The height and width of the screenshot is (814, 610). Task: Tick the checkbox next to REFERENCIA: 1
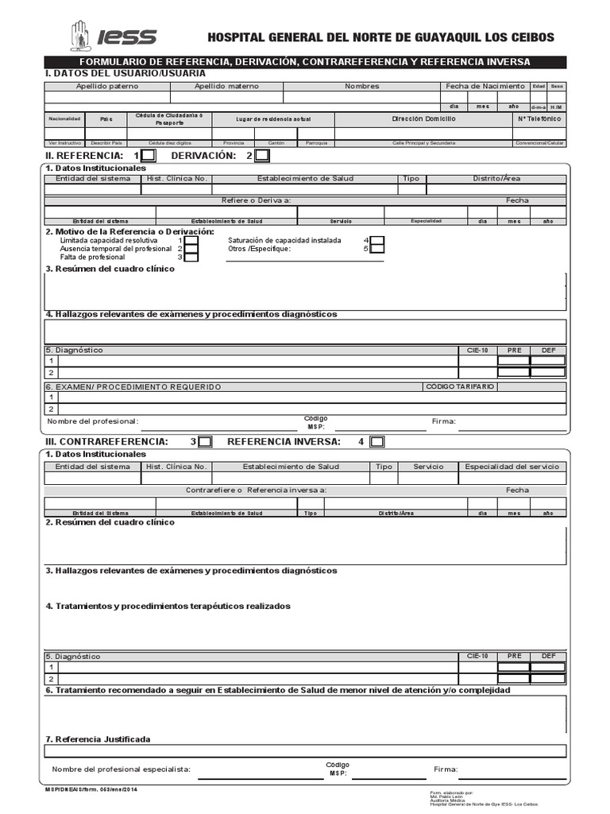149,156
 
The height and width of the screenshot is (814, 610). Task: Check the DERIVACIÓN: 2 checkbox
262,156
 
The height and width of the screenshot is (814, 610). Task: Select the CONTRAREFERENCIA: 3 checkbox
205,441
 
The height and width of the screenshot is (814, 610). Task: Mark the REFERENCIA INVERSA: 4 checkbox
377,441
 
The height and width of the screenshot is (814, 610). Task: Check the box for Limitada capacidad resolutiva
191,240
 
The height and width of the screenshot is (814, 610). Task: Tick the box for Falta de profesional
191,257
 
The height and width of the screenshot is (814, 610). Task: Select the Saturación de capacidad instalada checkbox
377,240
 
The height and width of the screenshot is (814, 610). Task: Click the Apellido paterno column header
106,86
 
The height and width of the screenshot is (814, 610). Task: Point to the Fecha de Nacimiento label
485,86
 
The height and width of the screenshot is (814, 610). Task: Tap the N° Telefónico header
539,118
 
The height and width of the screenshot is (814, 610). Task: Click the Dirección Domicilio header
424,118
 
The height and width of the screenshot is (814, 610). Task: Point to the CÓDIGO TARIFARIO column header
460,386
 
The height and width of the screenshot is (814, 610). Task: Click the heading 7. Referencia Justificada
98,739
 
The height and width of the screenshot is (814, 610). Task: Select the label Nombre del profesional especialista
122,769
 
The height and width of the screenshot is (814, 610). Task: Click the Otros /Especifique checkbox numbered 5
377,249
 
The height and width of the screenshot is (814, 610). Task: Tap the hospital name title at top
380,37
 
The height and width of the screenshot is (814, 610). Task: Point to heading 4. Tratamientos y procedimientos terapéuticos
168,607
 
